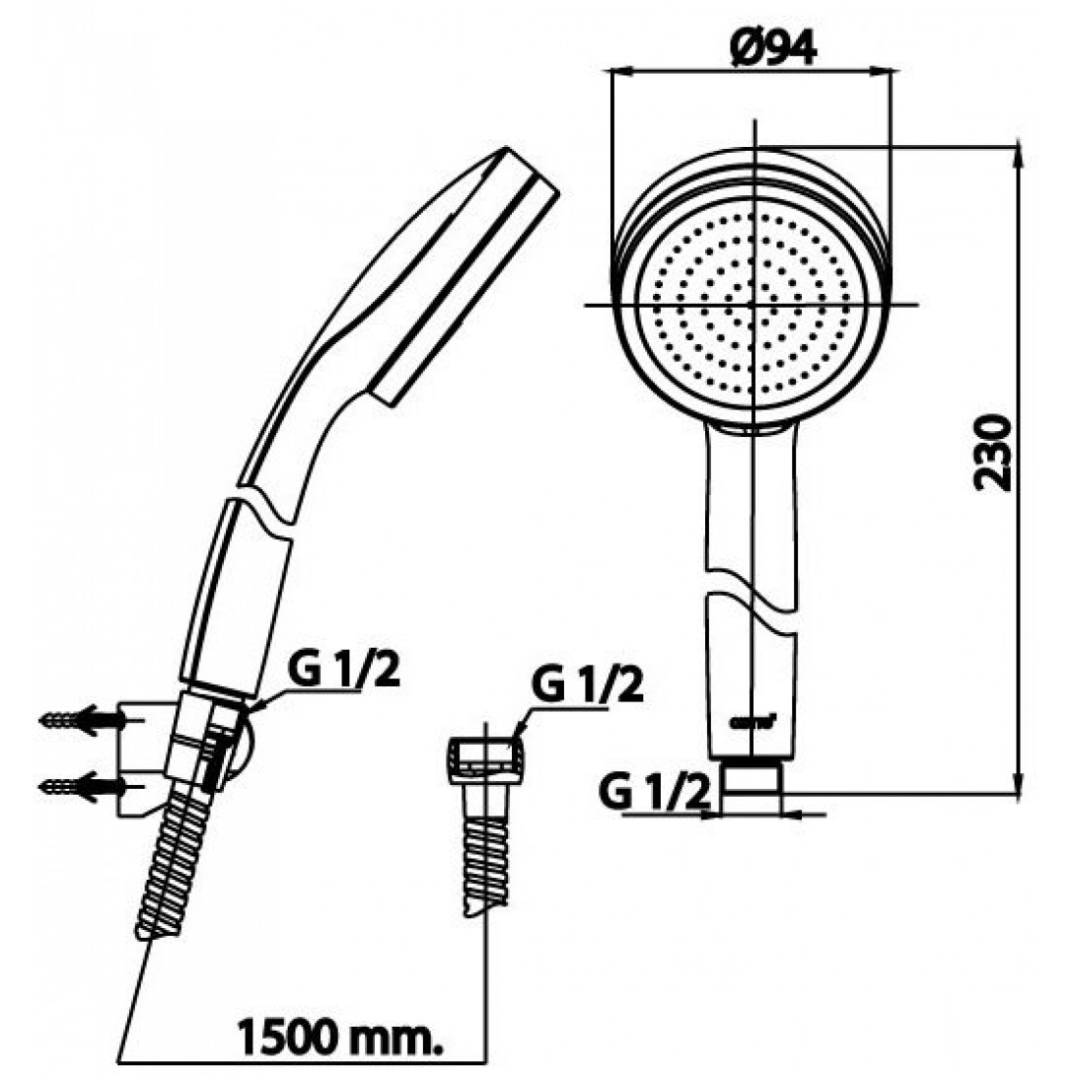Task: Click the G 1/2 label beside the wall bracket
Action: tap(344, 674)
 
